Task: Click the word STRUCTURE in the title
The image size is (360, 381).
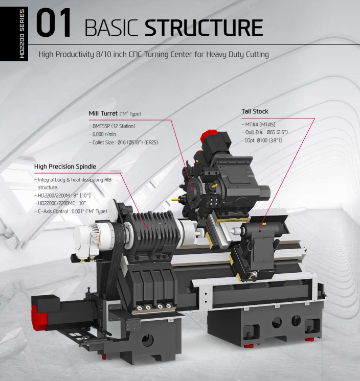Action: pyautogui.click(x=204, y=28)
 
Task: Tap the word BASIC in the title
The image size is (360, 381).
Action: pyautogui.click(x=112, y=28)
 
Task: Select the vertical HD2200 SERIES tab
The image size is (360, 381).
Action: pyautogui.click(x=21, y=33)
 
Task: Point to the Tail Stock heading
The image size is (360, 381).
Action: pyautogui.click(x=255, y=111)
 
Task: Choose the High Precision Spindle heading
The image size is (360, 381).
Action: pyautogui.click(x=65, y=166)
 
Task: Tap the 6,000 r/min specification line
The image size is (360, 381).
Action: pyautogui.click(x=106, y=134)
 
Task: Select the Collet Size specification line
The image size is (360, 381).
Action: pyautogui.click(x=125, y=142)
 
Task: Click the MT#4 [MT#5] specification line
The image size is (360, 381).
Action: pyautogui.click(x=260, y=124)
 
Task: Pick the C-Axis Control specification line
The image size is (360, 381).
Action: pyautogui.click(x=72, y=211)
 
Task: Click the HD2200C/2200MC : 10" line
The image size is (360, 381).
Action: pyautogui.click(x=64, y=203)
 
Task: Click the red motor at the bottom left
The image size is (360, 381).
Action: pyautogui.click(x=39, y=315)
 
